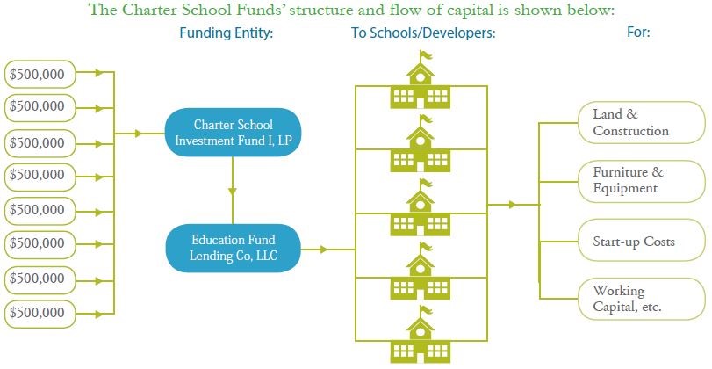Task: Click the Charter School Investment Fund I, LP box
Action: coord(233,133)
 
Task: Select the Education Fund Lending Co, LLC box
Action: coord(233,248)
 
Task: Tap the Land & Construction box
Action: coord(641,123)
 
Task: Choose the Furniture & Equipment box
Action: coord(641,181)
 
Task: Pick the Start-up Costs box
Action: coord(641,241)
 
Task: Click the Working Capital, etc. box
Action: coord(641,299)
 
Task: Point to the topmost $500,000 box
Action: coord(40,74)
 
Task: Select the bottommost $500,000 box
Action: coord(40,314)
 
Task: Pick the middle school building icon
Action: coord(420,207)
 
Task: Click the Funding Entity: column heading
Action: coord(227,33)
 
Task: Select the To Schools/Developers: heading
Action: coord(423,33)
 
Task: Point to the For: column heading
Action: coord(638,33)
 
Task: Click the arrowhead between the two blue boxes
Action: coord(233,192)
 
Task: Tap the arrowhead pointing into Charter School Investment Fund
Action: coord(139,134)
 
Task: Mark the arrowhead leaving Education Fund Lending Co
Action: coord(323,249)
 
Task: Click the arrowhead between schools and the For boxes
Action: coord(513,205)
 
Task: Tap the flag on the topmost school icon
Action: coord(427,55)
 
